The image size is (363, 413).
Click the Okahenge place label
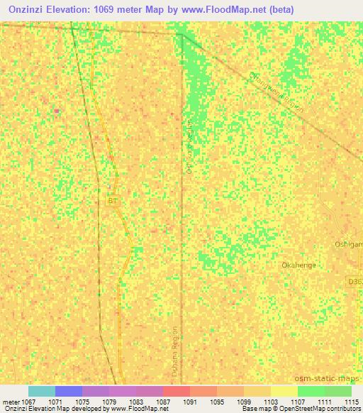click(298, 265)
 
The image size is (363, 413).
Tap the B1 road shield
click(113, 202)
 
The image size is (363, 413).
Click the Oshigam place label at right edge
click(348, 244)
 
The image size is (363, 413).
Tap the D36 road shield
click(354, 281)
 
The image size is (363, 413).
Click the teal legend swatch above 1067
click(42, 391)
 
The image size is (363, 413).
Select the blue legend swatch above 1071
click(69, 391)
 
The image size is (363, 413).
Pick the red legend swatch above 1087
click(177, 391)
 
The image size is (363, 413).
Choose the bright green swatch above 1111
click(311, 391)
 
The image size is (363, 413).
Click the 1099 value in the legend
click(243, 402)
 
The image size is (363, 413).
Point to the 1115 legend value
click(351, 402)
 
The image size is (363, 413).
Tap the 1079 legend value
click(108, 402)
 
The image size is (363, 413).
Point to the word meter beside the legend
click(12, 402)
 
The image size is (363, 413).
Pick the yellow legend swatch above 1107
click(284, 391)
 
